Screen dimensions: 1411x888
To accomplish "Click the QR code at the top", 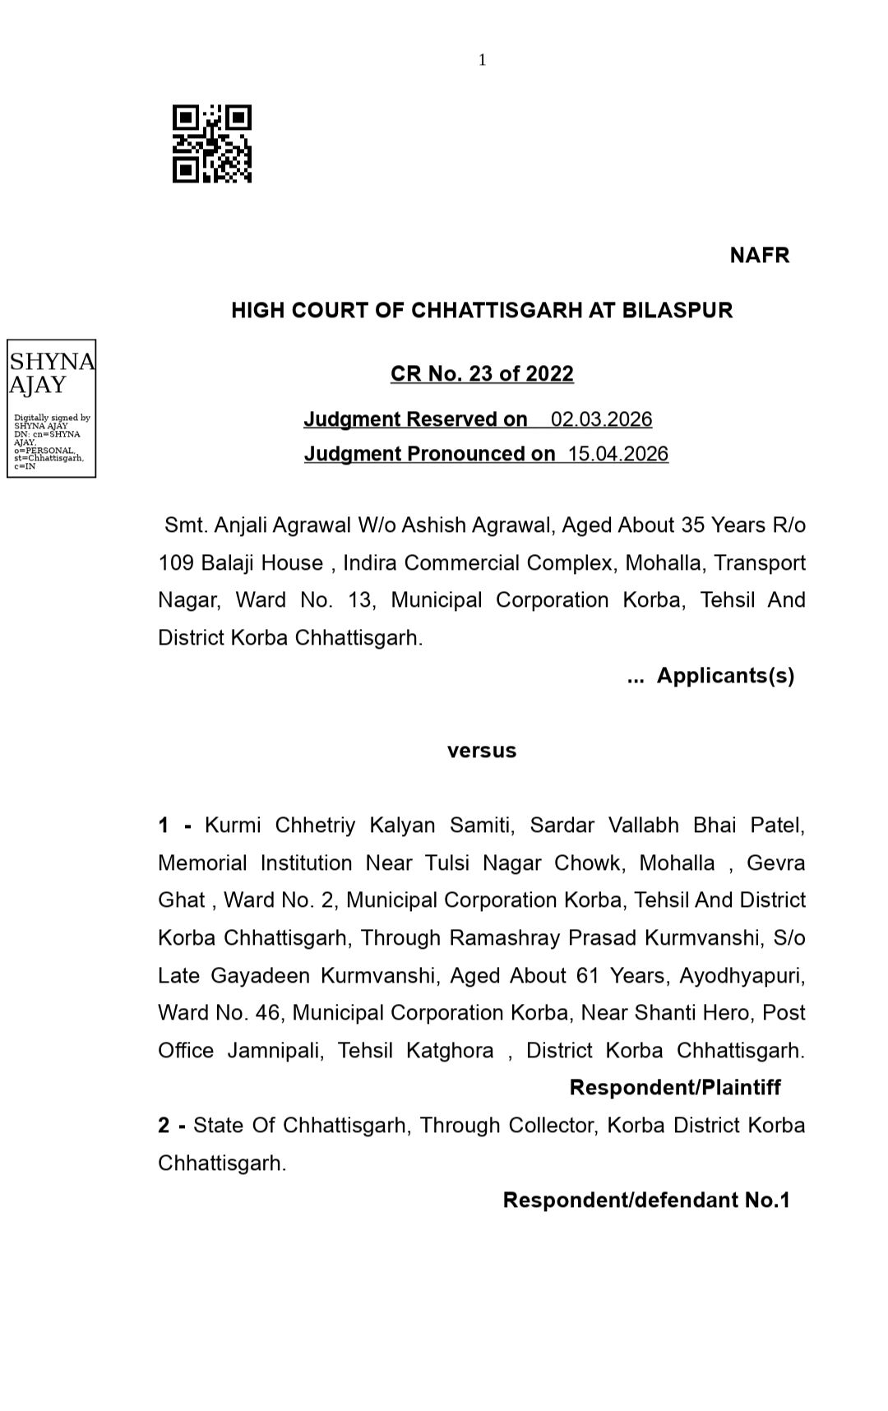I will click(211, 144).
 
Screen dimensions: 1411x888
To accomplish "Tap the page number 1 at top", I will click(483, 60).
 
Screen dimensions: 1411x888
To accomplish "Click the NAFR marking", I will click(759, 256).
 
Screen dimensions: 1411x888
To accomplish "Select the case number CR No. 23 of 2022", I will click(482, 374).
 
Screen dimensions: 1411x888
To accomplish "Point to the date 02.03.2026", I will click(601, 419).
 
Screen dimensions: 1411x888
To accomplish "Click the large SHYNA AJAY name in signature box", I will click(51, 373).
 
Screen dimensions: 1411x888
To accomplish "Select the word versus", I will click(482, 751).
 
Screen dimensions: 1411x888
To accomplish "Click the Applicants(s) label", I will click(725, 676).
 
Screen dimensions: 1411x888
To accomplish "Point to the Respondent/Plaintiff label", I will click(675, 1088).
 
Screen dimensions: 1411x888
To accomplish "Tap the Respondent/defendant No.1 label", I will click(646, 1201).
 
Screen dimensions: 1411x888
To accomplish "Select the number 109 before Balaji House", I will click(174, 563).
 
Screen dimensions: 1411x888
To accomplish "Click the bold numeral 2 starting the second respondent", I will click(163, 1126).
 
